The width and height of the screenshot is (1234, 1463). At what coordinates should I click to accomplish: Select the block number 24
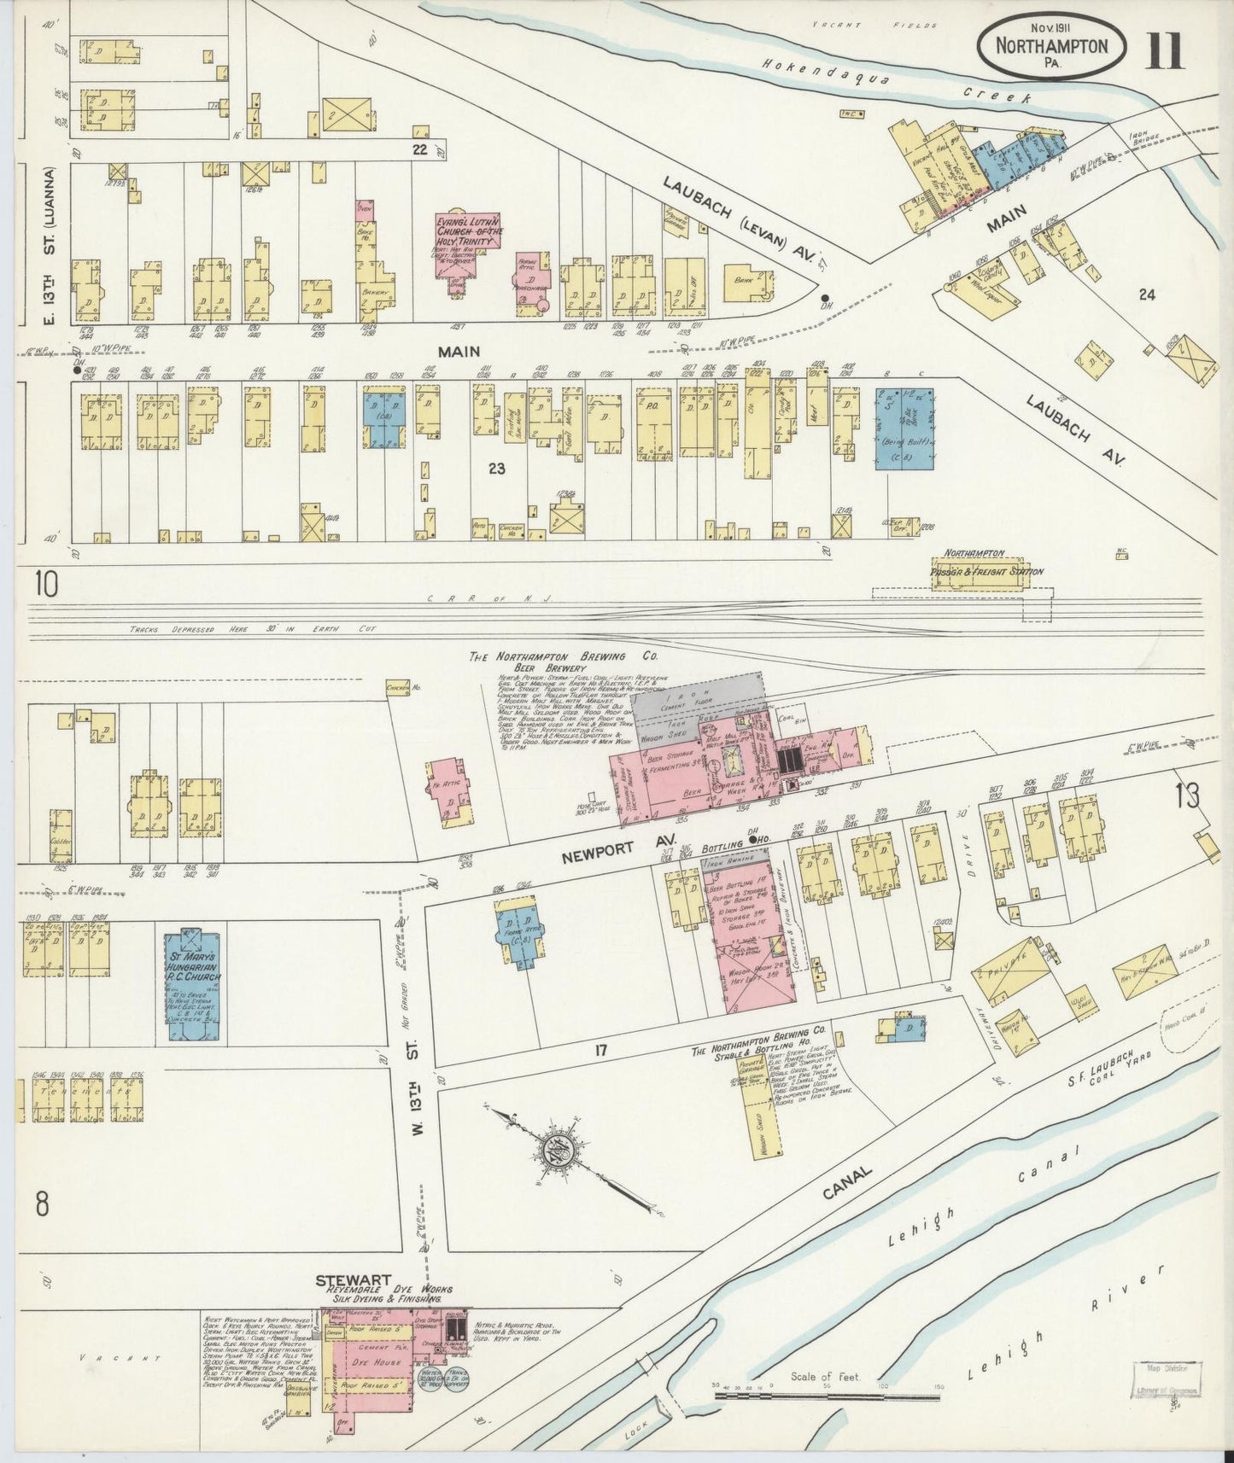coord(1146,294)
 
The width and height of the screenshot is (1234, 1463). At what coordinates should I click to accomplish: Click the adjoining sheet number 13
coord(1186,796)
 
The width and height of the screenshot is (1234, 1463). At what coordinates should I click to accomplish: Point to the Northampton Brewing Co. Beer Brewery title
coord(547,662)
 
